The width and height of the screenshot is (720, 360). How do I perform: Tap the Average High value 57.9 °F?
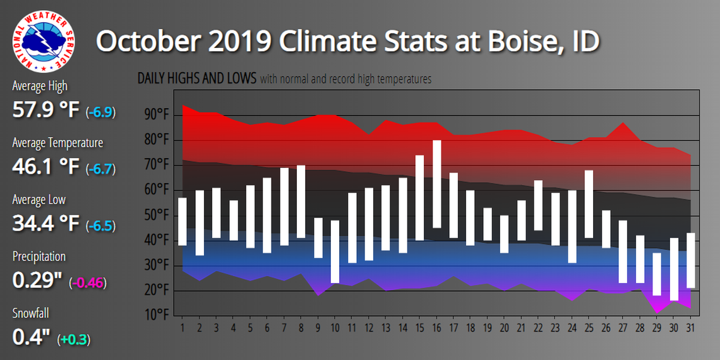[x=46, y=111]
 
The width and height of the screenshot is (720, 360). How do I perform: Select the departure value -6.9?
[x=100, y=112]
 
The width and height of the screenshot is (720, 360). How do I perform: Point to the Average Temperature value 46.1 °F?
[x=46, y=167]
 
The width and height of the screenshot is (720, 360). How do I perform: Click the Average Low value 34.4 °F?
[x=46, y=224]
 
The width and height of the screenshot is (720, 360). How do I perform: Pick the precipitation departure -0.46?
[x=88, y=283]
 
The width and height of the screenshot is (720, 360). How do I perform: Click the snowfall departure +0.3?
[x=73, y=340]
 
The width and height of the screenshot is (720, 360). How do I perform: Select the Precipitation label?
[x=39, y=256]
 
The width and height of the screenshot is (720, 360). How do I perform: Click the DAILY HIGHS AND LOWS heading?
[x=197, y=79]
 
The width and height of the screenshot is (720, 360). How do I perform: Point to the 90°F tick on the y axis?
[x=157, y=115]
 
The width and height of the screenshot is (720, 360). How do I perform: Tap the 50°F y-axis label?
[x=157, y=215]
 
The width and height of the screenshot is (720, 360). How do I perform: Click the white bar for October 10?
[x=335, y=251]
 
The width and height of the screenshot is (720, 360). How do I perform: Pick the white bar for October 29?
[x=657, y=273]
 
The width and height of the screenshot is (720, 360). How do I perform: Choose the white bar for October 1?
[x=183, y=221]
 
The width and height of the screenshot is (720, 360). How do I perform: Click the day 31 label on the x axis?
[x=691, y=328]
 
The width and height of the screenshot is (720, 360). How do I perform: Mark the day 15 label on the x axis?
[x=419, y=328]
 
